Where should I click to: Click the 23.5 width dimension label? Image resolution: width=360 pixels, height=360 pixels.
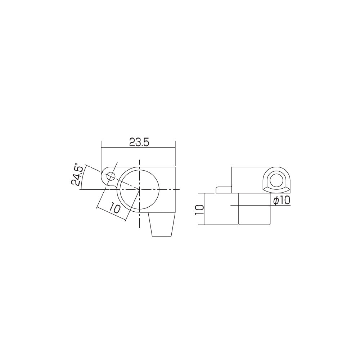[x=139, y=143]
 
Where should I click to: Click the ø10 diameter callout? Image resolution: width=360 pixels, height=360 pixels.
[x=281, y=201]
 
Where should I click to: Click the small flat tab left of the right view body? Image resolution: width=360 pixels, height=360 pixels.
[x=224, y=189]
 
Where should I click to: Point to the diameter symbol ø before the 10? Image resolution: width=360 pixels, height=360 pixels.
[x=275, y=201]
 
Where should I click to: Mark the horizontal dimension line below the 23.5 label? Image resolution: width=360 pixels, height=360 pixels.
[x=138, y=148]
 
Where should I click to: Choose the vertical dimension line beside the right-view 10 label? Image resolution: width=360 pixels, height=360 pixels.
[x=205, y=209]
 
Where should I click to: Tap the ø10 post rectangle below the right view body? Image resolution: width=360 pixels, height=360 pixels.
[x=254, y=209]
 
